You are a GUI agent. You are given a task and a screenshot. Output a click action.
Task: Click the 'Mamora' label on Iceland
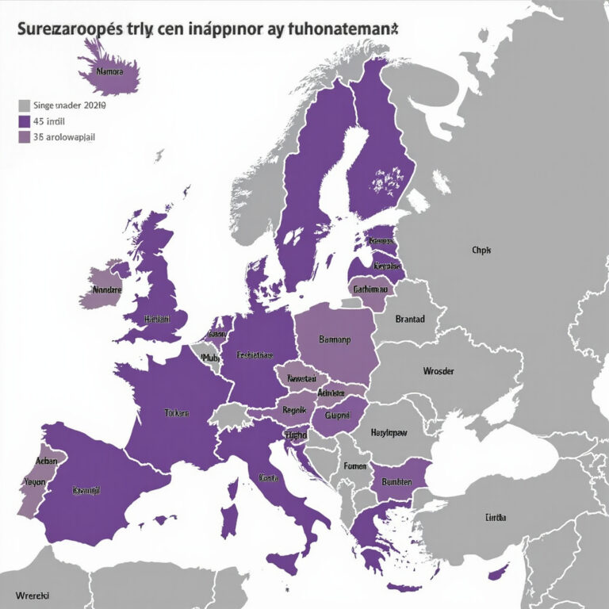[109, 71]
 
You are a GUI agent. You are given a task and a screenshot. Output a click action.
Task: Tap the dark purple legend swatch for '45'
[24, 121]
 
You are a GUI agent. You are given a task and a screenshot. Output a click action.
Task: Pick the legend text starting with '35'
[67, 137]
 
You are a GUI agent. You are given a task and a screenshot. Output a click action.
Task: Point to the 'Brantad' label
[410, 319]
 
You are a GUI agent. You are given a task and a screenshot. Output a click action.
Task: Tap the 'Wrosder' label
[438, 370]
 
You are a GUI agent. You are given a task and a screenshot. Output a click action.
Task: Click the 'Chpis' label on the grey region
[481, 250]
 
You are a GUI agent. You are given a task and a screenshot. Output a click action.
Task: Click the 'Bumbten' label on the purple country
[396, 481]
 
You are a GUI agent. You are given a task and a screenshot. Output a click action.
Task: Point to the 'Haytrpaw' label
[391, 434]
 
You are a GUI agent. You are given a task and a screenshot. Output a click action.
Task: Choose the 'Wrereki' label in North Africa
[33, 594]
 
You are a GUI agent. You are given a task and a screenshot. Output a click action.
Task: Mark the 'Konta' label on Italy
[268, 477]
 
